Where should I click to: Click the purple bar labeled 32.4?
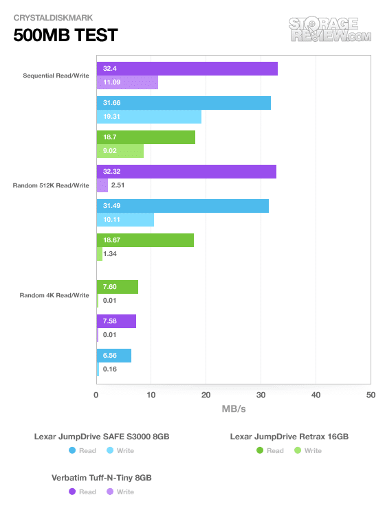pyautogui.click(x=187, y=69)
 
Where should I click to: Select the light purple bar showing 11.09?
pyautogui.click(x=127, y=82)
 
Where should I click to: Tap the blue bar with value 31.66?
pyautogui.click(x=184, y=103)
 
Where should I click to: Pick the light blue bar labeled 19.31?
pyautogui.click(x=149, y=117)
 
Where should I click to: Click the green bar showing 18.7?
pyautogui.click(x=146, y=137)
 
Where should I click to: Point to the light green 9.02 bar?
pyautogui.click(x=120, y=151)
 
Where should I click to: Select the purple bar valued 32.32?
pyautogui.click(x=186, y=172)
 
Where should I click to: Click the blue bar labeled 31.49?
pyautogui.click(x=183, y=206)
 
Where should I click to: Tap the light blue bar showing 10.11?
pyautogui.click(x=125, y=220)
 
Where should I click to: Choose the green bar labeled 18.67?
pyautogui.click(x=145, y=240)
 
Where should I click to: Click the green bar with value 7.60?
pyautogui.click(x=118, y=287)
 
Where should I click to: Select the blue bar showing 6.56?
pyautogui.click(x=114, y=356)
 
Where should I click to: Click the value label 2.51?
pyautogui.click(x=118, y=185)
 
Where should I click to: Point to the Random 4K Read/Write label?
pyautogui.click(x=54, y=295)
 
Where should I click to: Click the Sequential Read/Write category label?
pyautogui.click(x=56, y=76)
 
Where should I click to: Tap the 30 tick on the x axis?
pyautogui.click(x=261, y=395)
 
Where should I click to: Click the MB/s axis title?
pyautogui.click(x=234, y=409)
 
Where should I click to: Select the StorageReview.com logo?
pyautogui.click(x=330, y=30)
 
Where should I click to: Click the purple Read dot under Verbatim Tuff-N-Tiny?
pyautogui.click(x=72, y=492)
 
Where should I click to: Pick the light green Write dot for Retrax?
pyautogui.click(x=298, y=450)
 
